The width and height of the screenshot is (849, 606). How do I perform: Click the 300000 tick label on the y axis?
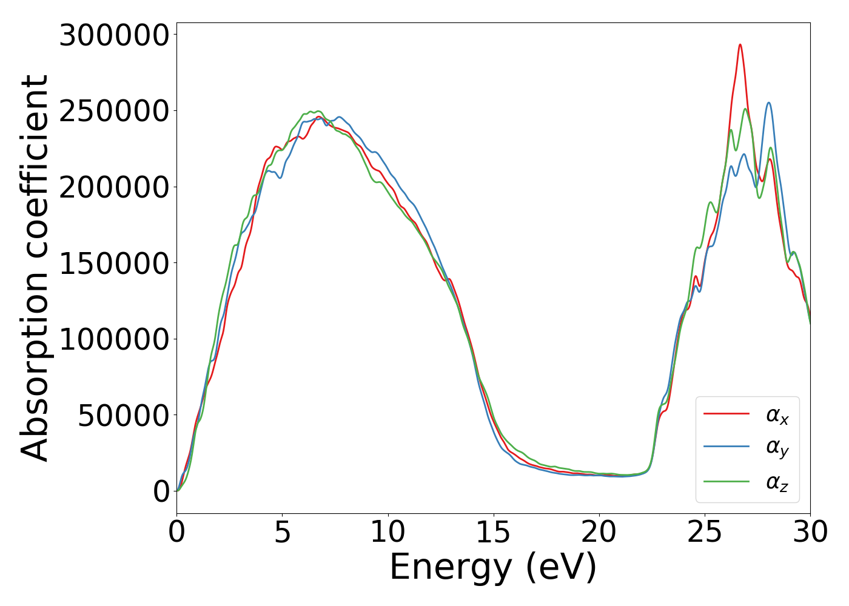[x=113, y=36]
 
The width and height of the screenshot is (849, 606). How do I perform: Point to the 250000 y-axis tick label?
[x=113, y=112]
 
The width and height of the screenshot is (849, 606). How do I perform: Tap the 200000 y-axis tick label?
[x=113, y=187]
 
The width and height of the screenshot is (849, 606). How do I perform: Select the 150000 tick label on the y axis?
[x=113, y=264]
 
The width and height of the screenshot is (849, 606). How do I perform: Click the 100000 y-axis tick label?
[x=113, y=339]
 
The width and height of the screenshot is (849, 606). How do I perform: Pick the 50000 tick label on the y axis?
[x=123, y=416]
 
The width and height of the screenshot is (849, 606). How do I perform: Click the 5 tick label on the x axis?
[x=283, y=533]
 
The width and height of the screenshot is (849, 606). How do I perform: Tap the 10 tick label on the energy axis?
[x=388, y=533]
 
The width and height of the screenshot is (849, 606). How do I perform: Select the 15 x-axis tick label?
[x=494, y=533]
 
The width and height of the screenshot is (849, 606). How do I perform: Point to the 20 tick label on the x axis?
[x=599, y=533]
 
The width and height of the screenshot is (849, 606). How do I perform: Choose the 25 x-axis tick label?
[x=705, y=533]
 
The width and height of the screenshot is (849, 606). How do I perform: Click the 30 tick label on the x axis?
[x=810, y=533]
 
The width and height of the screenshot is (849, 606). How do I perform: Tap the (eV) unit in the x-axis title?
[x=561, y=568]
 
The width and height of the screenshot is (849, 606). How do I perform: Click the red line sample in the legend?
[x=727, y=414]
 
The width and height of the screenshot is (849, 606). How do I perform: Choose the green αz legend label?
[x=777, y=482]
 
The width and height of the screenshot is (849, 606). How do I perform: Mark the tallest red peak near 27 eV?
[x=740, y=45]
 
